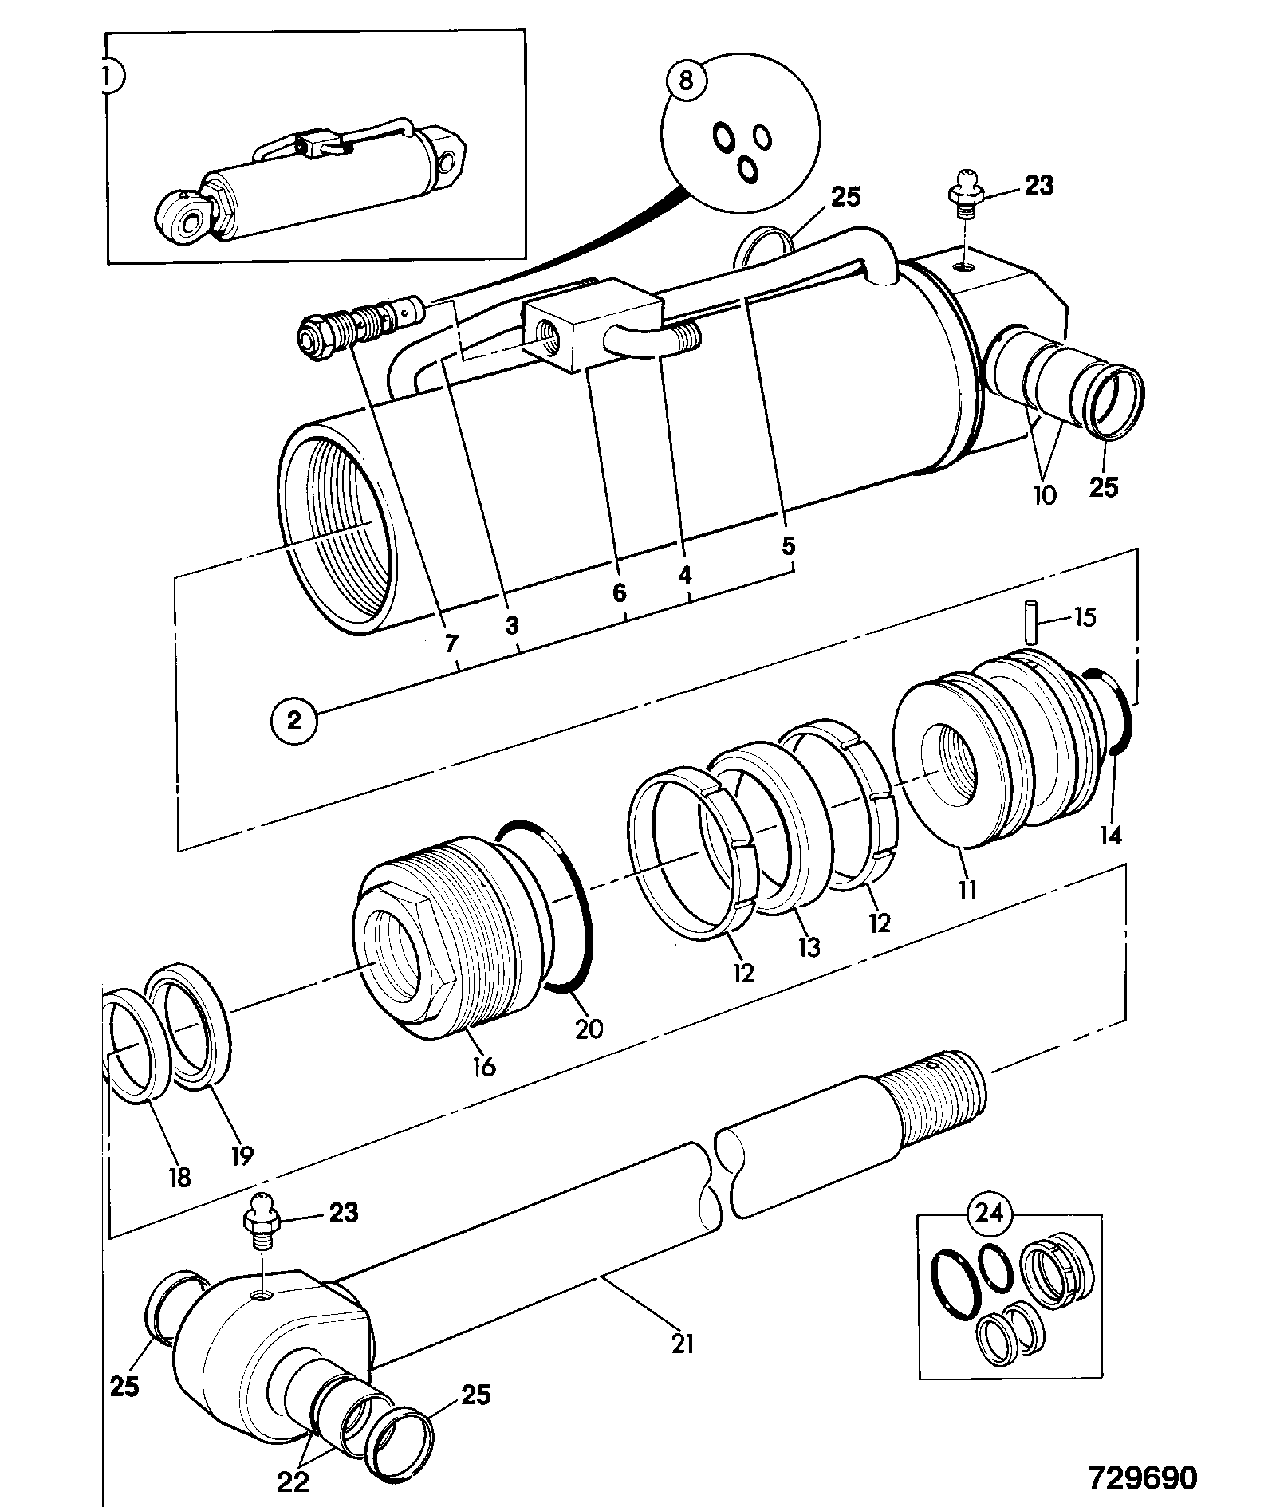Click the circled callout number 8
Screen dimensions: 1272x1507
(687, 81)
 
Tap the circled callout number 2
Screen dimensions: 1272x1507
(294, 721)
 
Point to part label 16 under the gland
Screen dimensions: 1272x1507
(484, 1065)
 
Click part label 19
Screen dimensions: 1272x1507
(242, 1155)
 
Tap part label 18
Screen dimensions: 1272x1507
(179, 1176)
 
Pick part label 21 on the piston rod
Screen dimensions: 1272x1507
(683, 1344)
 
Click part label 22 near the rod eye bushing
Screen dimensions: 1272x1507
(293, 1481)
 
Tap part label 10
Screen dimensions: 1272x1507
(1044, 494)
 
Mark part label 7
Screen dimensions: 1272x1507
(452, 642)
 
